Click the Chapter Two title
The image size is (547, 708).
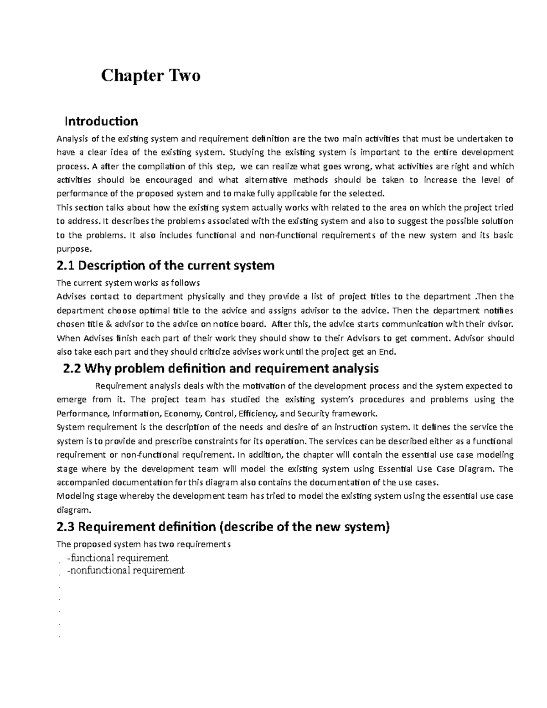150,75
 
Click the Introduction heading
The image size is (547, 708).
101,121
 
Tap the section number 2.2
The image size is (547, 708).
71,368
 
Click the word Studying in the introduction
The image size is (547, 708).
247,152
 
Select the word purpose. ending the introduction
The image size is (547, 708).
74,249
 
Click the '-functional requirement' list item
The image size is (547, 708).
117,558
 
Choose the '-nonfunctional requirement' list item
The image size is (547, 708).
125,570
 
